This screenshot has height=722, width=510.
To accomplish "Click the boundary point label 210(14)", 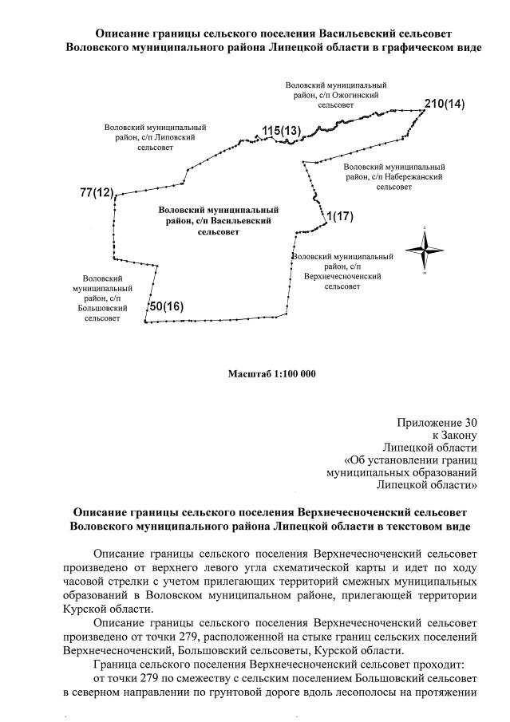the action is tap(444, 105).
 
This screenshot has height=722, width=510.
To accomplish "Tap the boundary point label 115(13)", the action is tap(281, 130).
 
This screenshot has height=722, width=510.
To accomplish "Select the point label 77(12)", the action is tap(97, 193).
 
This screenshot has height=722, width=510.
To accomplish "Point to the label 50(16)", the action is tap(167, 306).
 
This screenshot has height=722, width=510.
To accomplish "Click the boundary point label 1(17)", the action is tap(339, 216).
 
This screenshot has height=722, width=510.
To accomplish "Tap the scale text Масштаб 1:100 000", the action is tap(272, 373).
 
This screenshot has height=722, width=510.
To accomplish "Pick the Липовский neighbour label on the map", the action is tap(156, 137).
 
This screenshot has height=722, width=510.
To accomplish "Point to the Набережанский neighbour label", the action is tap(394, 176).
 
